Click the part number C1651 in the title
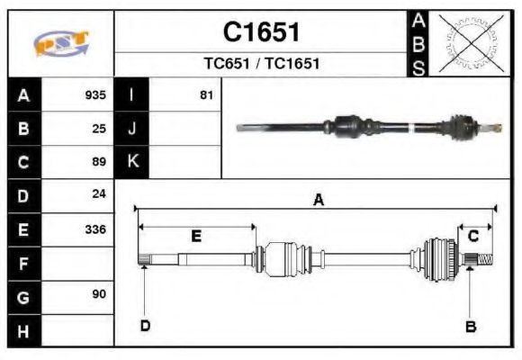(261, 31)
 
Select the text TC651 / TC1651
(261, 64)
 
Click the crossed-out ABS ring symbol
(466, 42)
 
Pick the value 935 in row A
(95, 95)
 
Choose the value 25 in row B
(99, 128)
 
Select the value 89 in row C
(99, 162)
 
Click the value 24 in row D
(99, 194)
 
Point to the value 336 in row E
(95, 229)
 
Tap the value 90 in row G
(99, 294)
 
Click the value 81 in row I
(206, 95)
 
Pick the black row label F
(23, 262)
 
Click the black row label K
(132, 162)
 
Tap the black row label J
(132, 128)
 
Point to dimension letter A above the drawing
(318, 201)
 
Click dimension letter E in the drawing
(195, 237)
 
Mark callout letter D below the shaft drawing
(144, 325)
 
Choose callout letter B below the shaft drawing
(470, 327)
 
